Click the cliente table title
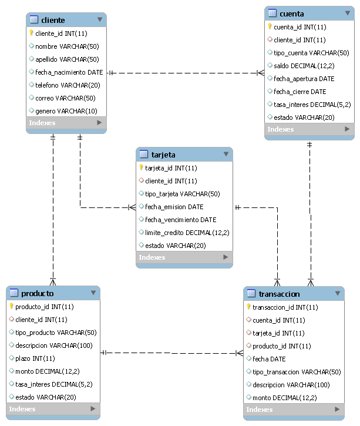tap(53, 20)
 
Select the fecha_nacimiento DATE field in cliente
tap(69, 72)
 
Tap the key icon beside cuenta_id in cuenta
tap(270, 26)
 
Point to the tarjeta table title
tap(163, 155)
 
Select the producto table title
tap(38, 293)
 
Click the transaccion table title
tap(279, 294)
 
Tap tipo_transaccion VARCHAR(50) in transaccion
tap(296, 371)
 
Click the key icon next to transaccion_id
tap(248, 307)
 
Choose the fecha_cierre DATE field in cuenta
tap(300, 91)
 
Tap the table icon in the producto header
tap(14, 293)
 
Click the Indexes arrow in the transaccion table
tap(337, 409)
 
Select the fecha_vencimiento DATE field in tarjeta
tap(180, 219)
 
